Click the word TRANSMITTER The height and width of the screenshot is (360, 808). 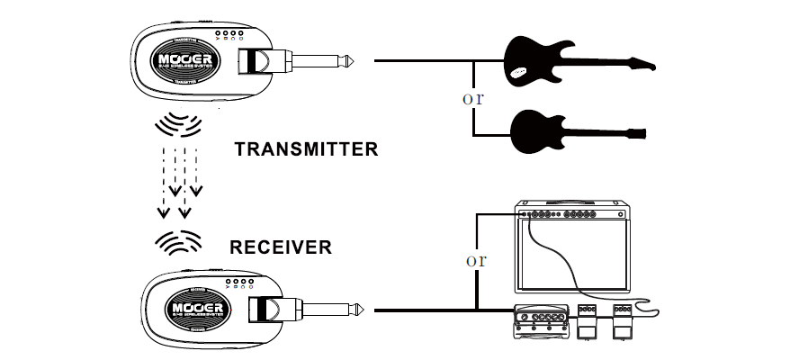306,149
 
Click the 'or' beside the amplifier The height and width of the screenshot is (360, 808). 475,261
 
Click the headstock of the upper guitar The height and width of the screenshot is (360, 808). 641,64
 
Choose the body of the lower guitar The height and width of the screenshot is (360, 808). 533,131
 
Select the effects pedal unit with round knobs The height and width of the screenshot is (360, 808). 540,322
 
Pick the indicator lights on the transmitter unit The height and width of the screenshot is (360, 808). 231,37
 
